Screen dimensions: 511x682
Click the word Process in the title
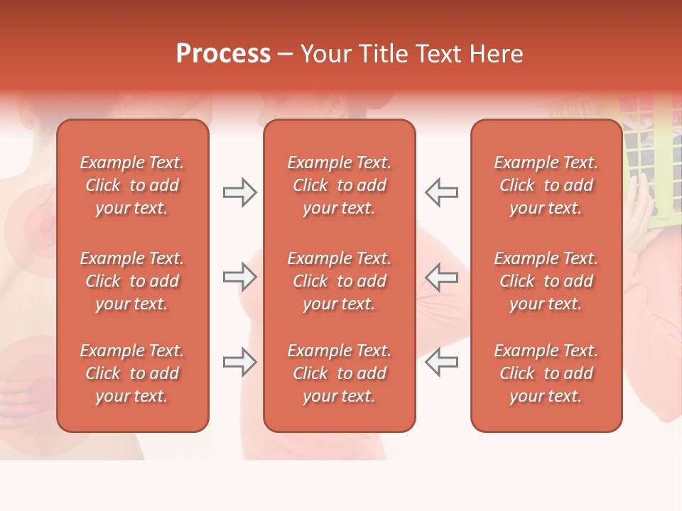pos(223,54)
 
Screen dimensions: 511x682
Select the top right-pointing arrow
pos(239,192)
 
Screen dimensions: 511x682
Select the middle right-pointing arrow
pos(239,277)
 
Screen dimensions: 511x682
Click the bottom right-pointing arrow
pos(239,362)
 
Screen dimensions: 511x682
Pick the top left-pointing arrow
pos(441,192)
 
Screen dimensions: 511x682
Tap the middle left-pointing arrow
pos(441,277)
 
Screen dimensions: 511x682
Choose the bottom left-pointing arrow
pos(441,362)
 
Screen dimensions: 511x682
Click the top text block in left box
pos(132,185)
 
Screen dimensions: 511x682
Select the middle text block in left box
pos(132,281)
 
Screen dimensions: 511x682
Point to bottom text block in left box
pos(132,373)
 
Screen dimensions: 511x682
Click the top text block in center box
pos(339,185)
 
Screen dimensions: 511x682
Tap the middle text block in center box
pos(339,281)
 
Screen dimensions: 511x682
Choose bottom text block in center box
pos(339,373)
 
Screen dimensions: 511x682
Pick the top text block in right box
pos(546,185)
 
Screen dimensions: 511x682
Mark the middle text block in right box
pos(546,281)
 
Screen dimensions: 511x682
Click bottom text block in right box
pos(546,373)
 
